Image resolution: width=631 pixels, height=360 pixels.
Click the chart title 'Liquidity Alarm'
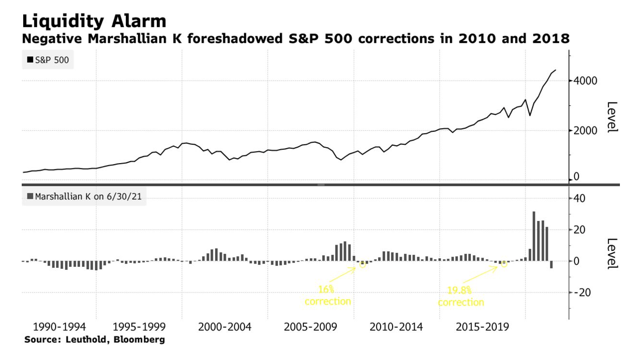(94, 21)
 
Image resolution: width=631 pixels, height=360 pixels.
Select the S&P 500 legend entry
(48, 60)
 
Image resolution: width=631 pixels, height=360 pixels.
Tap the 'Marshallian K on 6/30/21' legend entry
(84, 197)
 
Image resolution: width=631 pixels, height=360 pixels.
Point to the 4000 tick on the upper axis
(585, 81)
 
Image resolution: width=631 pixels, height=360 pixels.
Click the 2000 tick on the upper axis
(585, 130)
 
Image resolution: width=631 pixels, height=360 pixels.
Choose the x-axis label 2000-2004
(224, 327)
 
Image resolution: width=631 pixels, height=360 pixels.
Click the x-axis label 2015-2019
(482, 327)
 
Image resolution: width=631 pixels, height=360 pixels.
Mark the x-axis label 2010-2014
(396, 327)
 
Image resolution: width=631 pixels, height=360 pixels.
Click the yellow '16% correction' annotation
(328, 295)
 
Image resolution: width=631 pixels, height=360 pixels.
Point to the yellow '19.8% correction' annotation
(461, 296)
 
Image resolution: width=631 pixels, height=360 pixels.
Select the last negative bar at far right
(551, 264)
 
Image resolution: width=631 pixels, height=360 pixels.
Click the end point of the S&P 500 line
(556, 70)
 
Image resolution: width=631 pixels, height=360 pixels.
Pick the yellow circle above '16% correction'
(363, 264)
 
